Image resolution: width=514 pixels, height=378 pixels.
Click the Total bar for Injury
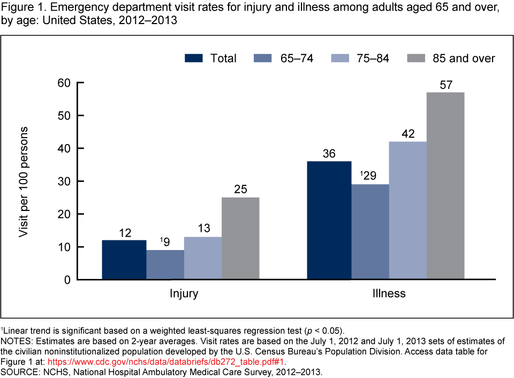(x=124, y=260)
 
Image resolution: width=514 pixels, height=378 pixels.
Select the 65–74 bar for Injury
(x=165, y=264)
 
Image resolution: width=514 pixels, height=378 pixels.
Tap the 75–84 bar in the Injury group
(x=203, y=258)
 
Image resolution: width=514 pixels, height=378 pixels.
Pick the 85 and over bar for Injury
(x=240, y=238)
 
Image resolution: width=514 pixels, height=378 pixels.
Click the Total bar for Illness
(x=329, y=220)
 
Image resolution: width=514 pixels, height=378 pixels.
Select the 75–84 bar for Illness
(x=407, y=210)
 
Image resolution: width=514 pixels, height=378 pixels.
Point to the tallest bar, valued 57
(x=445, y=186)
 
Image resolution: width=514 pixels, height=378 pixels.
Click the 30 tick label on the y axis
(x=64, y=182)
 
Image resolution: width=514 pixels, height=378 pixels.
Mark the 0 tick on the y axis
(x=67, y=280)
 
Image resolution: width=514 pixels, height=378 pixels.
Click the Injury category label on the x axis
(x=184, y=293)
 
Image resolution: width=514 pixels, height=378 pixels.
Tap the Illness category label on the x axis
(x=388, y=293)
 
